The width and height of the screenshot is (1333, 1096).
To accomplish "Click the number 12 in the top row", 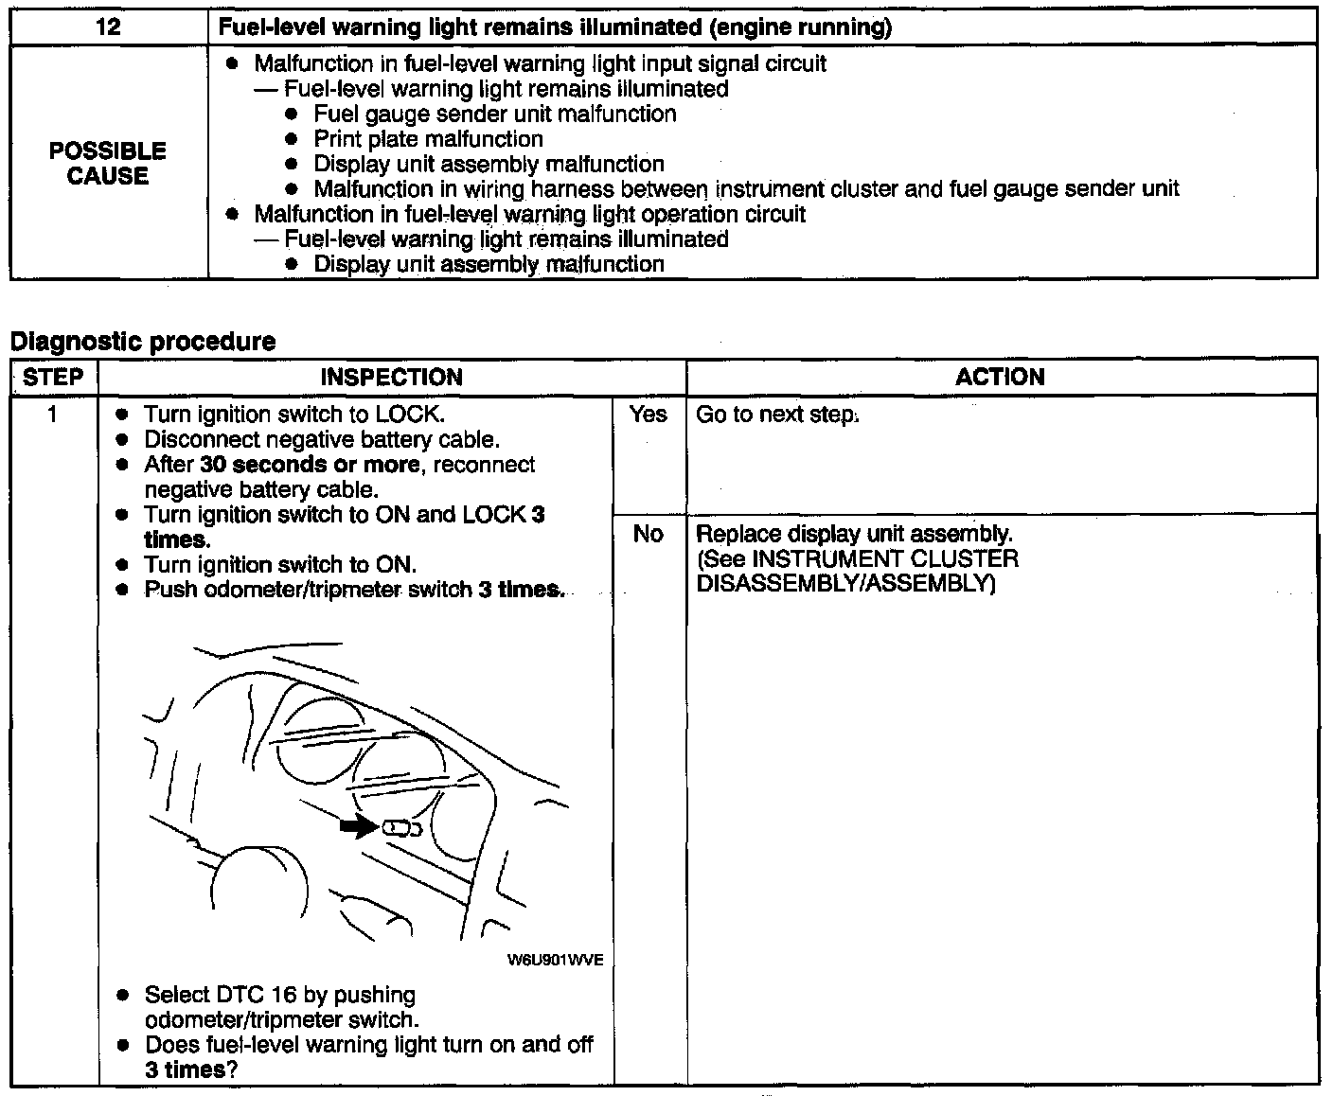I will (108, 27).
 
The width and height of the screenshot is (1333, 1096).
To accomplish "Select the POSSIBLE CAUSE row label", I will (108, 163).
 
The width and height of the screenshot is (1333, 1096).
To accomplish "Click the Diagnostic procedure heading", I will (143, 341).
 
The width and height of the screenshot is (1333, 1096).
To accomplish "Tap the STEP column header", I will (53, 377).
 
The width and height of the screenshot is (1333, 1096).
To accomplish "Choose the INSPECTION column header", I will (391, 377).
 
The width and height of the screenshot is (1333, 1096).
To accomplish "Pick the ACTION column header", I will (1000, 377).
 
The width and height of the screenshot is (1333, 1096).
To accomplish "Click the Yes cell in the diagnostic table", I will (649, 414).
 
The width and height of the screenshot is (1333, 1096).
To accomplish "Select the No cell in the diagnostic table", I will (649, 534).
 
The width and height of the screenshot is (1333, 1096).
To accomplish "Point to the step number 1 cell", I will (53, 414).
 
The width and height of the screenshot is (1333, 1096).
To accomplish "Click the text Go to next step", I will (776, 415).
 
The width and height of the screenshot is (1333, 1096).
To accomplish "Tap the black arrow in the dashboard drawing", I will (358, 827).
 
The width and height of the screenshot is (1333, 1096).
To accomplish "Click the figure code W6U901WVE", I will (555, 960).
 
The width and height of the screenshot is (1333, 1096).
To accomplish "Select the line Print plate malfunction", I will (428, 139).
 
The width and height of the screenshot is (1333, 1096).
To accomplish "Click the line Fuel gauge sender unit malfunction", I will (495, 115).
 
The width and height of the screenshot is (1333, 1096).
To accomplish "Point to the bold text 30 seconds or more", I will (310, 465).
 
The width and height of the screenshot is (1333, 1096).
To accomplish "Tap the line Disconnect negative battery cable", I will (322, 439).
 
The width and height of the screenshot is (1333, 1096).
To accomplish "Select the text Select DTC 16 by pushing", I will (280, 995).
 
